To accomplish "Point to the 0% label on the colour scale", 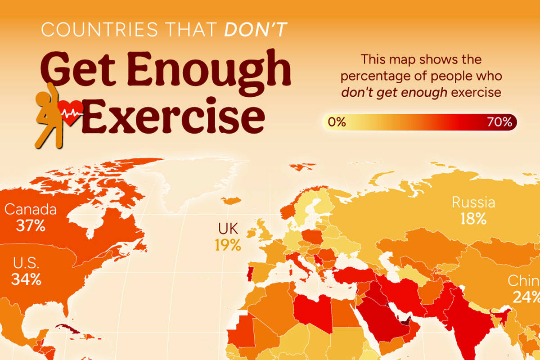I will coord(337,122).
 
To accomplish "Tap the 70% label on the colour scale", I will coord(499,122).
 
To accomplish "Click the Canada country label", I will coord(31,209).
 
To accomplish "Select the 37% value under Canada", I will coord(31,225).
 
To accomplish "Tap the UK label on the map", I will coord(228,229).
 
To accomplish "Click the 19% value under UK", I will coord(228,245).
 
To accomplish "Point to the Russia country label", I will coord(473,202).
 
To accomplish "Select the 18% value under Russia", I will coord(473,219).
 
